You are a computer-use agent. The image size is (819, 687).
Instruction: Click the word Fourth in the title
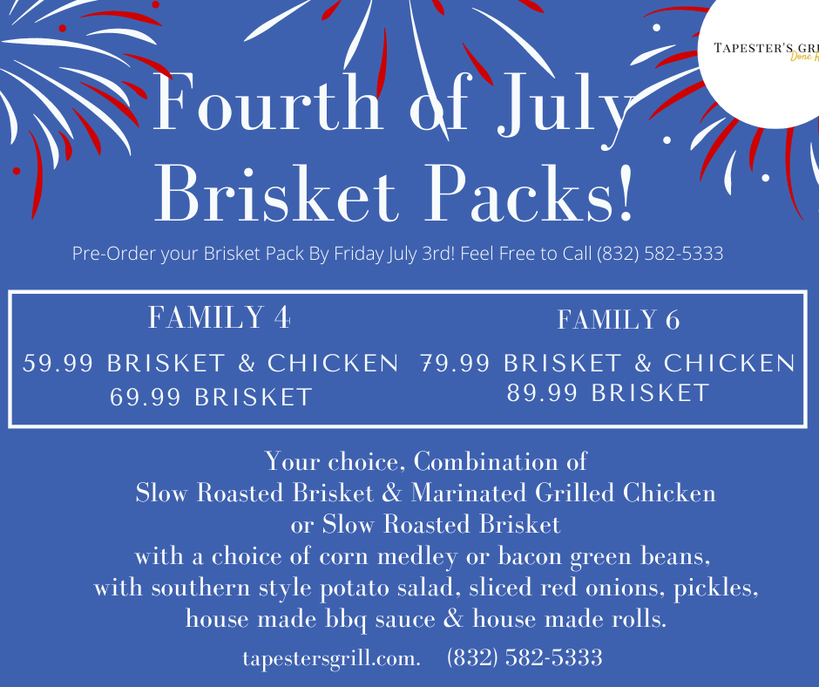(267, 102)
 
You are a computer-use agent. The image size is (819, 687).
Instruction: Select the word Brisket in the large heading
(276, 194)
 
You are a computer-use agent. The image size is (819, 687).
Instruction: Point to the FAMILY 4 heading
(219, 316)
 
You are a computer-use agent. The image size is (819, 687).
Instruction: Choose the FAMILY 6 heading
(619, 320)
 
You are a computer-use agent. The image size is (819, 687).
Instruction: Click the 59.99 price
(58, 364)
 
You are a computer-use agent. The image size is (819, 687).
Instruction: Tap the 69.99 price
(145, 398)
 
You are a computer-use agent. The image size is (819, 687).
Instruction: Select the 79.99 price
(455, 364)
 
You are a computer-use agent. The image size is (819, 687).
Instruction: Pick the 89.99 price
(542, 393)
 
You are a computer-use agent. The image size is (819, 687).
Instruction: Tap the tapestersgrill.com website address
(331, 658)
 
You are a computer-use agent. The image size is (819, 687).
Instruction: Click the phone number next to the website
(525, 657)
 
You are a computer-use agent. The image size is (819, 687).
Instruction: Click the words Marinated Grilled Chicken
(563, 493)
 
